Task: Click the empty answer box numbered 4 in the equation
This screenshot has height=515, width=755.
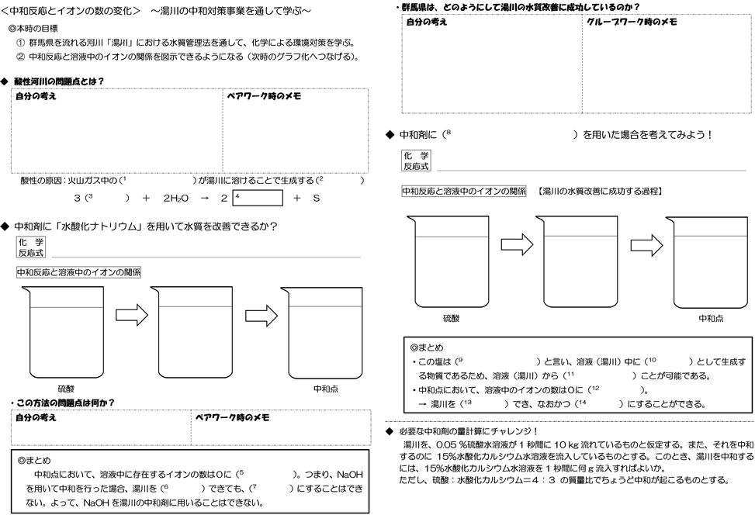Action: pos(257,198)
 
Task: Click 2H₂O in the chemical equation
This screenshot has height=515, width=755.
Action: pos(176,199)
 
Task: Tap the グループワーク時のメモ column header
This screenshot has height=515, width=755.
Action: pos(632,22)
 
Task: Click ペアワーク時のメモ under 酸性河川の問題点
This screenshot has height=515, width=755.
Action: pos(264,96)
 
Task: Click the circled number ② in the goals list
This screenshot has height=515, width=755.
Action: pos(20,57)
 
